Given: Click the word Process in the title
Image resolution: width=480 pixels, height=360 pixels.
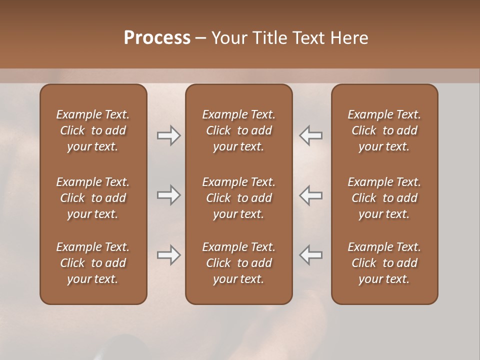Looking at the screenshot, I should pos(157,38).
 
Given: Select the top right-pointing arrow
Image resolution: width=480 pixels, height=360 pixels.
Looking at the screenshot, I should pos(168,135).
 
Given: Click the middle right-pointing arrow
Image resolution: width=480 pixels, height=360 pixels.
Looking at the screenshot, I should pos(168,195).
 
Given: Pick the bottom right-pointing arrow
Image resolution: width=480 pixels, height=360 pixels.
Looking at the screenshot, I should pos(168,255).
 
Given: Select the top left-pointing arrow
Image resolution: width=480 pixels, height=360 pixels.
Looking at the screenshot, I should pos(311,135).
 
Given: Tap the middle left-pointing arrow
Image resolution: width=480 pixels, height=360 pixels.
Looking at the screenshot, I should pos(311,195).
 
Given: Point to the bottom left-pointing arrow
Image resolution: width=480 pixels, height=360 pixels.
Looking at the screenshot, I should pos(311,255).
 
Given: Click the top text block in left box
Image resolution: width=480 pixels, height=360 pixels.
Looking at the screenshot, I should pos(93,130).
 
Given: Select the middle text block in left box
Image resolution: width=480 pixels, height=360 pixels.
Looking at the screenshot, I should pos(93,198).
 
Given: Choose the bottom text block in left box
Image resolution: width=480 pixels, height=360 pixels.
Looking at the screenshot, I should pos(93,263).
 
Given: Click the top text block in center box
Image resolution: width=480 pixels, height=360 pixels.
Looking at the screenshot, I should pos(238,130).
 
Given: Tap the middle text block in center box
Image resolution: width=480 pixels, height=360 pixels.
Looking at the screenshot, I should pos(238,198).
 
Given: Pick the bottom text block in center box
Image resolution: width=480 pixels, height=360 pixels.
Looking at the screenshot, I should pos(238,263).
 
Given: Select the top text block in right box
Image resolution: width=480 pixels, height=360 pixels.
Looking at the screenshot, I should pos(384,130).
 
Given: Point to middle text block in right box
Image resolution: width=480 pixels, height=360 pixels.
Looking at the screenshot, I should pos(384,198).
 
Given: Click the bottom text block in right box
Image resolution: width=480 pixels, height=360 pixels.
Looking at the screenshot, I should pos(384,263).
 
